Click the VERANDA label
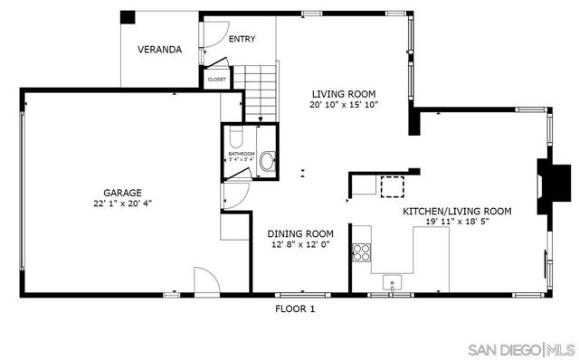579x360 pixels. click(157, 50)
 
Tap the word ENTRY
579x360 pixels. click(241, 39)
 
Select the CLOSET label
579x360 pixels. click(217, 80)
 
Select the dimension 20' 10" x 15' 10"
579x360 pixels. click(343, 105)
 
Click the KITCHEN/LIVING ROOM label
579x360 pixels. click(457, 211)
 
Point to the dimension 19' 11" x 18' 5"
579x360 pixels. click(457, 222)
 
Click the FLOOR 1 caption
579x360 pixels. click(295, 308)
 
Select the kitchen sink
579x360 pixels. click(392, 280)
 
